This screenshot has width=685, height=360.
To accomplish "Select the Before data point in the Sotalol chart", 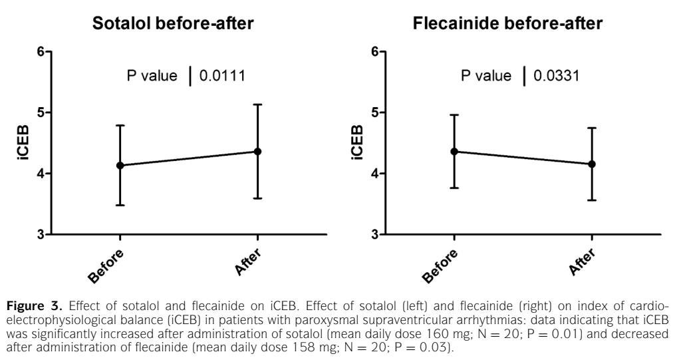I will tap(120, 165).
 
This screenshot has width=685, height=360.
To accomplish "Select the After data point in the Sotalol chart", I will tap(257, 152).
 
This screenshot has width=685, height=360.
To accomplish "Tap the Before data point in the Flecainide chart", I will tap(454, 152).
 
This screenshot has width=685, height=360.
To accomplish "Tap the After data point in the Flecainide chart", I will tap(592, 164).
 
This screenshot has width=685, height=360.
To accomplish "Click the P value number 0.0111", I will tap(223, 76).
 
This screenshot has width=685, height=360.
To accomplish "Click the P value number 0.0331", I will tap(557, 76).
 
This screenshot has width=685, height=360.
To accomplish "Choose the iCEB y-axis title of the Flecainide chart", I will tap(358, 143).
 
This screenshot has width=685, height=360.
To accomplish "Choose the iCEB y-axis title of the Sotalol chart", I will tap(23, 143).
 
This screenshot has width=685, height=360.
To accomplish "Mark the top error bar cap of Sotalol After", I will tap(257, 104).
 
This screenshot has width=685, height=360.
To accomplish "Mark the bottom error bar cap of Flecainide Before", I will tap(454, 188).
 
